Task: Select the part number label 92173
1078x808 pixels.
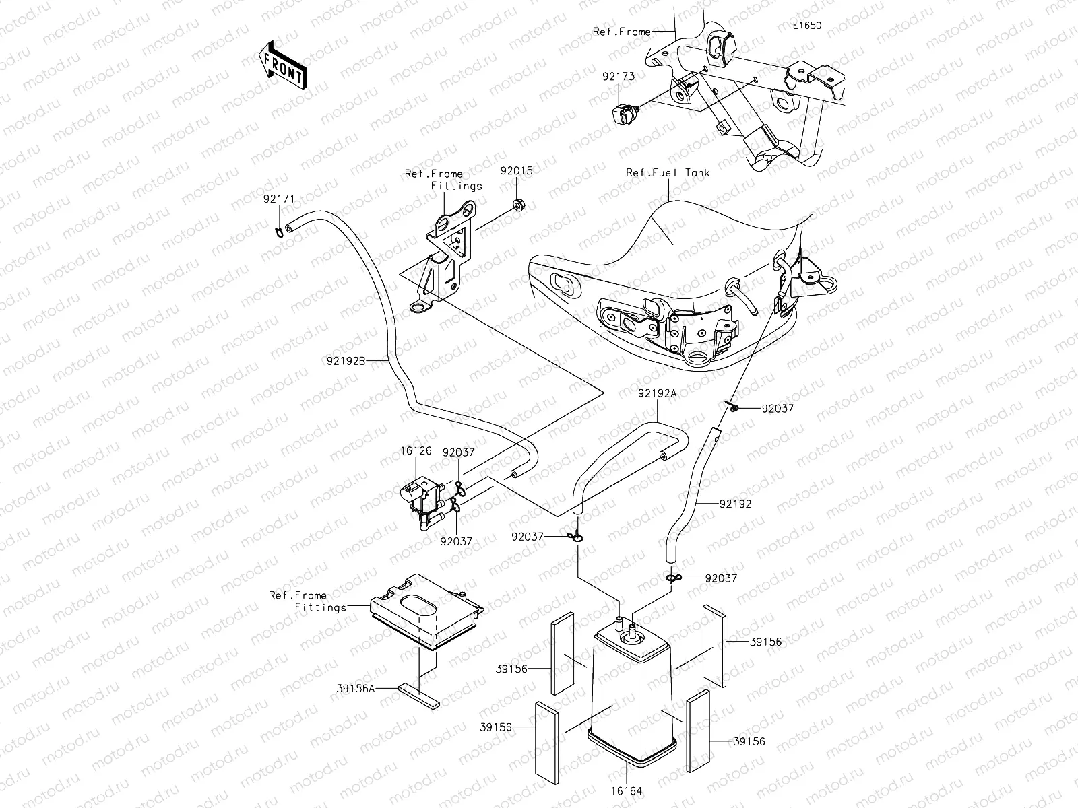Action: (x=619, y=77)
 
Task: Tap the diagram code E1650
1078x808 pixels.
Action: (x=806, y=26)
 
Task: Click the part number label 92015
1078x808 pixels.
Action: (x=516, y=171)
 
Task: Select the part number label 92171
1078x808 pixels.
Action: (x=279, y=199)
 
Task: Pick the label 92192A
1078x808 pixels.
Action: (x=657, y=394)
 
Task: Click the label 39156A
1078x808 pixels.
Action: (x=355, y=688)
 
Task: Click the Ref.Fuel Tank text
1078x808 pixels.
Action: (x=668, y=172)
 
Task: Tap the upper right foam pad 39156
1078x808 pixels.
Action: (x=714, y=645)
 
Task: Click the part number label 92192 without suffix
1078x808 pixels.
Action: (x=735, y=504)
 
